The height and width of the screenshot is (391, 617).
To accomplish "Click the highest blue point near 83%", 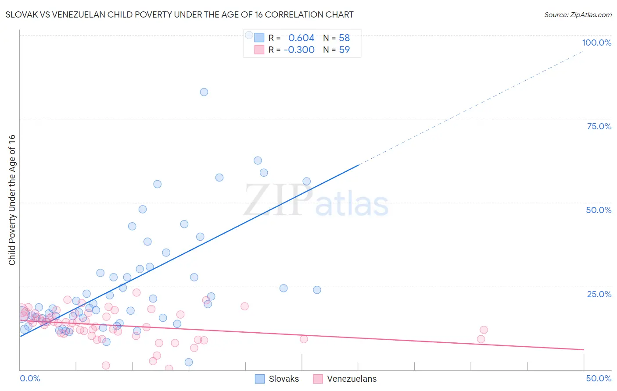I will pos(204,92).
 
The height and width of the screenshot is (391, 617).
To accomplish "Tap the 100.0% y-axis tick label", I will pos(596,43).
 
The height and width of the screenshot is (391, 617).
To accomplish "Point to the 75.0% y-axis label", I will pos(599,126).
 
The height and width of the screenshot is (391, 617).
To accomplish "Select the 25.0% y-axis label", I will pos(599,294).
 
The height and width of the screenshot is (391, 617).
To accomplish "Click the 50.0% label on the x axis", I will pos(599,378).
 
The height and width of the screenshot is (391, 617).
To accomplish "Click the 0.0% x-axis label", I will pos(30,378).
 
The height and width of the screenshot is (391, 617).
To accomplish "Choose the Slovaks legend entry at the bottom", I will pos(277,379).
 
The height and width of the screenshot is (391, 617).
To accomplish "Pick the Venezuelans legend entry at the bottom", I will pos(344,379).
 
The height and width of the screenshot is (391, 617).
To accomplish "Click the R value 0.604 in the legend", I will pos(301,38).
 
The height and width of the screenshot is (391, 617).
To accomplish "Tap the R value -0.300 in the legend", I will pos(299,50).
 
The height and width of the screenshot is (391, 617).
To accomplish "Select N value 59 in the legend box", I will pos(344,50).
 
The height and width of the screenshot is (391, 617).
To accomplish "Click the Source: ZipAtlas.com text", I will pos(578,14).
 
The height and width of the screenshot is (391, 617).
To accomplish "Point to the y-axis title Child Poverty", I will pos(12,199).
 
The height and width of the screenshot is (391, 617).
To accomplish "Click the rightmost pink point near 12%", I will pos(484,330).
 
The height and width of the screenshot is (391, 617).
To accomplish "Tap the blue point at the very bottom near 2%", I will pos(189,362).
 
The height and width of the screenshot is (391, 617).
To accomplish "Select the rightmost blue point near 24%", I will pos(317,290).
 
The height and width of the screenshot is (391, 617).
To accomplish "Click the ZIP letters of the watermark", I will pos(278,200).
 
